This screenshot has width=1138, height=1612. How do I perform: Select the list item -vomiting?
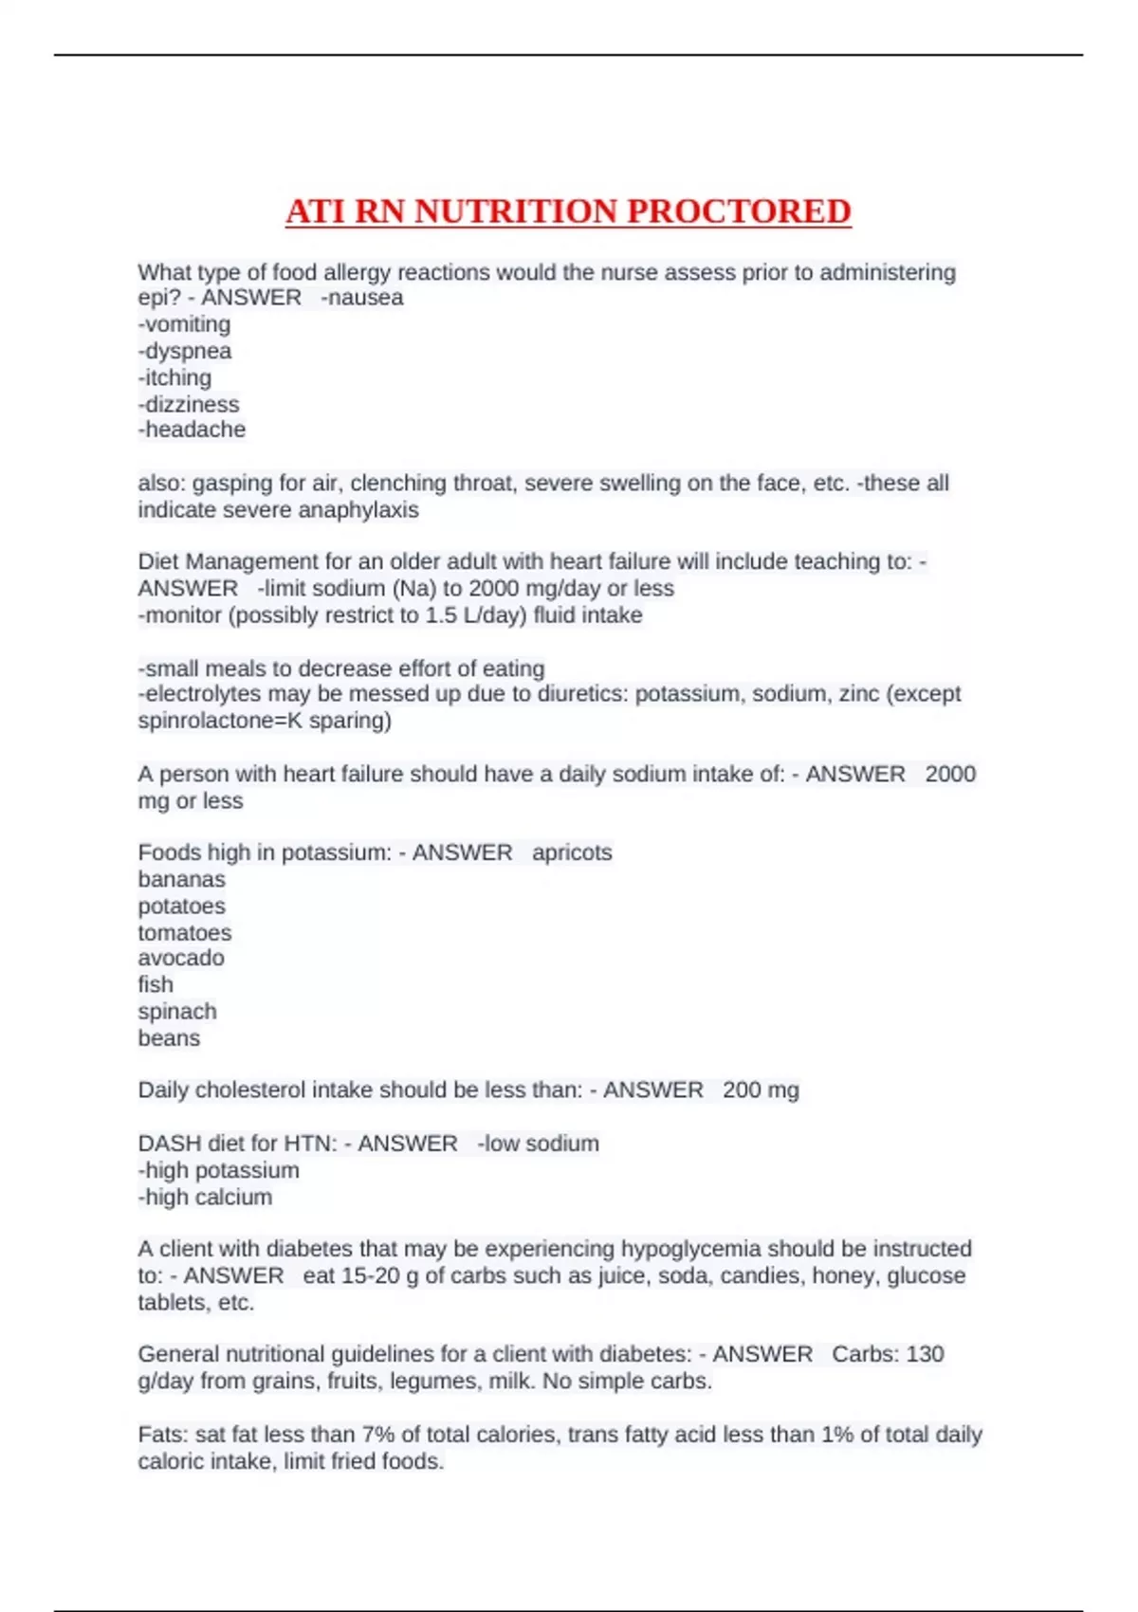[184, 324]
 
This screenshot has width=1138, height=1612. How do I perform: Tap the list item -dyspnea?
[184, 351]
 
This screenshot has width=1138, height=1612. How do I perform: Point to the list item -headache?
[192, 430]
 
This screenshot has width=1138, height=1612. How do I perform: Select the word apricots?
[572, 852]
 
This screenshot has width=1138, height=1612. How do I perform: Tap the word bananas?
[181, 879]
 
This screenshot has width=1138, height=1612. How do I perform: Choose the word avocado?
[181, 958]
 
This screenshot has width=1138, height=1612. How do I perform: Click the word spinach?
[177, 1011]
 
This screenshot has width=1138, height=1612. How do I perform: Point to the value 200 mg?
[761, 1090]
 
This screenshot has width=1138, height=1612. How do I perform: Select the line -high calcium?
[205, 1197]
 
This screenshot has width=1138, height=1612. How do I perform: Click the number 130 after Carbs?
[925, 1354]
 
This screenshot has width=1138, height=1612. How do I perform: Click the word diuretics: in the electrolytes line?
[582, 694]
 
